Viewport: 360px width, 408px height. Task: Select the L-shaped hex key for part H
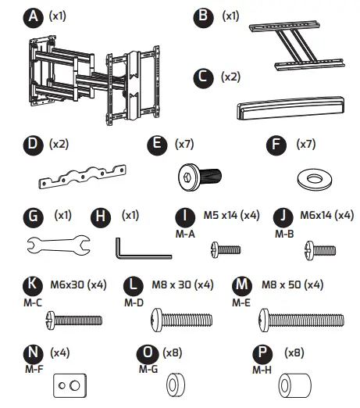point(141,249)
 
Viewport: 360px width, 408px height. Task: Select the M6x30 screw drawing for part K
point(75,319)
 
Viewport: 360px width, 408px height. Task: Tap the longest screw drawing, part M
point(296,319)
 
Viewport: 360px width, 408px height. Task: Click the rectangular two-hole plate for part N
point(66,386)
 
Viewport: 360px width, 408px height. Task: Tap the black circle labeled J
point(283,215)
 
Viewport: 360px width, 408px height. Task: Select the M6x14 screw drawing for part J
point(318,249)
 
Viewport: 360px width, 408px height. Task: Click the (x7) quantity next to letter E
point(184,145)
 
